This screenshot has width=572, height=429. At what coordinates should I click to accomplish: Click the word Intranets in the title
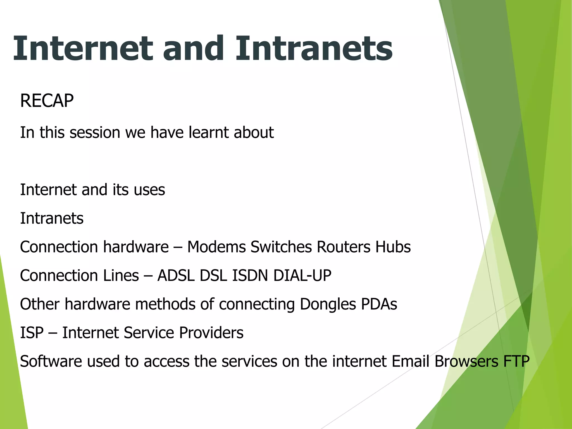(314, 49)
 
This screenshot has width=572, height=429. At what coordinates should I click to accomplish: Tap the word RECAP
(47, 101)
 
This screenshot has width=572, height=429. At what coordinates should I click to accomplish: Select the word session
(95, 132)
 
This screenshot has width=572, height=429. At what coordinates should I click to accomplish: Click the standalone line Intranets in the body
(52, 218)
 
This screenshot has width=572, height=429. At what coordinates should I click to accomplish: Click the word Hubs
(393, 247)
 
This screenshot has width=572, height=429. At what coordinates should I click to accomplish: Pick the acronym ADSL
(176, 276)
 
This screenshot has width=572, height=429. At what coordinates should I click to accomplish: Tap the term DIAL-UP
(302, 276)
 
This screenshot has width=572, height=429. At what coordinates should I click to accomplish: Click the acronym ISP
(32, 333)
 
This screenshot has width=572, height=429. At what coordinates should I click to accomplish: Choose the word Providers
(211, 333)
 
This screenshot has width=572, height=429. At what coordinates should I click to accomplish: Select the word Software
(51, 361)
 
